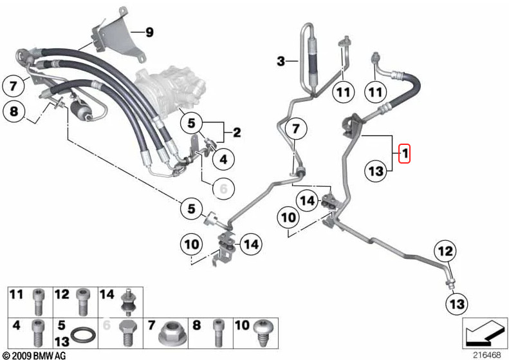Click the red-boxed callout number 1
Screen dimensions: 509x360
click(405, 153)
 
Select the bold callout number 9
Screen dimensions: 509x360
click(149, 32)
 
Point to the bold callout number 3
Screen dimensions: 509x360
click(281, 61)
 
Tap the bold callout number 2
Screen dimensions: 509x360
click(237, 132)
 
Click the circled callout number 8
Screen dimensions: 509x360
click(14, 111)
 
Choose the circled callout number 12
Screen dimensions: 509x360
click(445, 251)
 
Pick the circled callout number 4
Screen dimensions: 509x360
click(224, 159)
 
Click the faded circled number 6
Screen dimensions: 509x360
click(224, 188)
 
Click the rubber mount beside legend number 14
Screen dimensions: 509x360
click(127, 303)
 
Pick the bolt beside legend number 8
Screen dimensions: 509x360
click(217, 333)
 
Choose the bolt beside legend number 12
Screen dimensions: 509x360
click(82, 302)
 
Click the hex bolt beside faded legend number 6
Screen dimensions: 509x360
click(126, 334)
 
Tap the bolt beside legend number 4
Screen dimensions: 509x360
click(38, 333)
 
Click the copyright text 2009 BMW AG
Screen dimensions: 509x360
click(34, 355)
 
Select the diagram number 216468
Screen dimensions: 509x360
click(487, 355)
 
